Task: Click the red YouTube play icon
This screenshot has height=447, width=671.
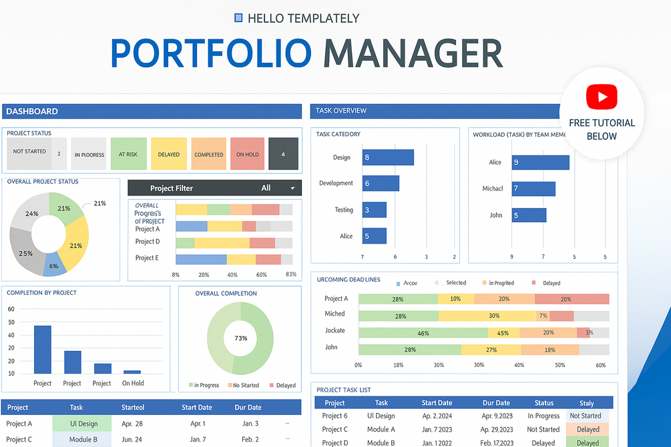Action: (602, 97)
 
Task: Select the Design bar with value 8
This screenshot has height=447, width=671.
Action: (388, 157)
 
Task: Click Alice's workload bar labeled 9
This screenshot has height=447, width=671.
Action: (540, 162)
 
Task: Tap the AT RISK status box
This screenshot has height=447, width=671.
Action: (128, 154)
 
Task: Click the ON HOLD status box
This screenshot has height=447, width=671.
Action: (247, 154)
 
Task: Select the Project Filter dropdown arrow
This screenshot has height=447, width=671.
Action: (292, 188)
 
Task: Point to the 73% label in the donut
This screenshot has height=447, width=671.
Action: (240, 338)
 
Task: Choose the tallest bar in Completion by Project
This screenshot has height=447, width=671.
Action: (43, 350)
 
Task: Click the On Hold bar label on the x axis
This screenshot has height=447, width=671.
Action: (133, 383)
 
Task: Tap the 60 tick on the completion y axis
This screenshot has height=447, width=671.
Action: (10, 309)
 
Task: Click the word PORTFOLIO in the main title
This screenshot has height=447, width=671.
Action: (211, 53)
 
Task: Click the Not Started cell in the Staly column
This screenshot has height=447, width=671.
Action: (586, 416)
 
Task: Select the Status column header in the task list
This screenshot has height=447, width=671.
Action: (544, 403)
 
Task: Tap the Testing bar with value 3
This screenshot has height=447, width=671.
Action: (374, 209)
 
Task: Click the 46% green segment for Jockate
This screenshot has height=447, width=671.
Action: (423, 333)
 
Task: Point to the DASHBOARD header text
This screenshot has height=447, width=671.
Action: (32, 111)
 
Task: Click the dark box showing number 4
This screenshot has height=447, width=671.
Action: (283, 154)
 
